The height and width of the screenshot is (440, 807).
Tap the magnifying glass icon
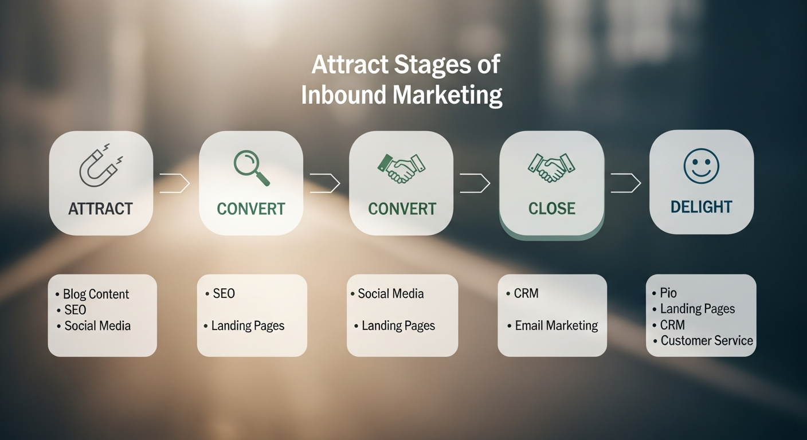click(251, 166)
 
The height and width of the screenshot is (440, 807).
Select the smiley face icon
click(701, 166)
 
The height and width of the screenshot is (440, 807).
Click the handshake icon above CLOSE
click(551, 167)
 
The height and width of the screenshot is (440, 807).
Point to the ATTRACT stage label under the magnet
click(100, 209)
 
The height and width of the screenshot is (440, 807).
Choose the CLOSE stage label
click(551, 208)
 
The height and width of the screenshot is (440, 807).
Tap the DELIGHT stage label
click(701, 207)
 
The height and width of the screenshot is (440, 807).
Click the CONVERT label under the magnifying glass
click(251, 209)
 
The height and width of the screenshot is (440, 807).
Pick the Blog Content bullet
click(96, 294)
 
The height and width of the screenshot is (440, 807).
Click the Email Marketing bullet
click(556, 326)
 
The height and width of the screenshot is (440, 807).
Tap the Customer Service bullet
click(706, 341)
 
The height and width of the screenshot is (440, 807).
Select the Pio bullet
click(668, 293)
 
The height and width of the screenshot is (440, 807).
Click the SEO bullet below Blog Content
click(75, 310)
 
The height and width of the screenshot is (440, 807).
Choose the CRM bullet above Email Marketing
click(526, 293)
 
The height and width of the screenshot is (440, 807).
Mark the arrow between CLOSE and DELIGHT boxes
click(626, 183)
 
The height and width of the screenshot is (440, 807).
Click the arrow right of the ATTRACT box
click(175, 183)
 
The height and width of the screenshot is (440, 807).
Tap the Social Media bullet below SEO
click(97, 326)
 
